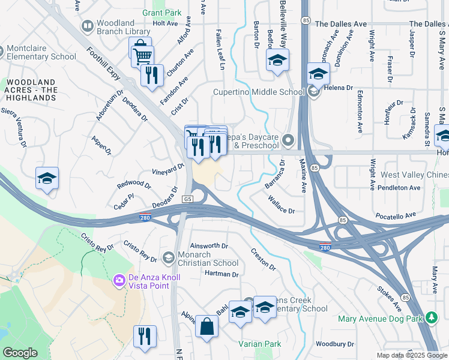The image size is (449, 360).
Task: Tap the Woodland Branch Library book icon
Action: [88, 26]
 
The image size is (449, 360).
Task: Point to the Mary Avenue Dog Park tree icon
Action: [430, 317]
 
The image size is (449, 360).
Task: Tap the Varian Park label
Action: [259, 344]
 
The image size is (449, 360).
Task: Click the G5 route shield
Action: [188, 199]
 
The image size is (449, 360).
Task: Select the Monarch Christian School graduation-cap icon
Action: [169, 257]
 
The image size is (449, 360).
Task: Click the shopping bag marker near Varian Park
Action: [206, 327]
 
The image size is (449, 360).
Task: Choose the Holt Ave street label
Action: [165, 23]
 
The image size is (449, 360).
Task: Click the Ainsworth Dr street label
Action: [209, 246]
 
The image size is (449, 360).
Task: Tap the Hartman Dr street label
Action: [221, 274]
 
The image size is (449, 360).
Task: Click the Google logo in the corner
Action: [20, 353]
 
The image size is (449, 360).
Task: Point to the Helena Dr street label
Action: [339, 88]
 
